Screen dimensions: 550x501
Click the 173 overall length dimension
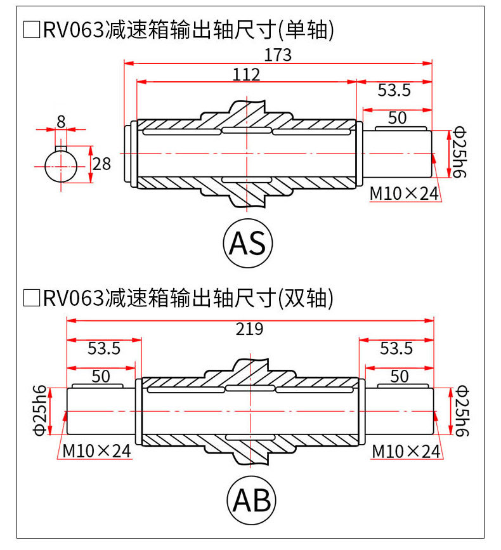click(278, 55)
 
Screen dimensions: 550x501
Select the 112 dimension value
click(247, 74)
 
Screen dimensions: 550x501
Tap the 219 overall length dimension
click(249, 329)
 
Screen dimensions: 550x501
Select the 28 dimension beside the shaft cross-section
click(101, 164)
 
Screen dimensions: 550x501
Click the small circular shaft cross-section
click(61, 164)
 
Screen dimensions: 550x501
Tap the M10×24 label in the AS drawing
click(404, 193)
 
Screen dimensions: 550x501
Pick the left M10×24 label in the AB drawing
click(96, 450)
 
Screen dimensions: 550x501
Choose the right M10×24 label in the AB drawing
click(406, 451)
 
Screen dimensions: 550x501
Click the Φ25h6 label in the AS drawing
click(459, 152)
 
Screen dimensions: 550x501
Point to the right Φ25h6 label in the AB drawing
click(460, 411)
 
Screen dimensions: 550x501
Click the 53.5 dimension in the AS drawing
click(394, 90)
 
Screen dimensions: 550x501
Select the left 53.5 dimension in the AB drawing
click(104, 348)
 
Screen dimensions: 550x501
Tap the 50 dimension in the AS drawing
click(397, 117)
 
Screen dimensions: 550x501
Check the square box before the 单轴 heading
click(31, 30)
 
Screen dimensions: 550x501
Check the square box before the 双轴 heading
click(31, 296)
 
